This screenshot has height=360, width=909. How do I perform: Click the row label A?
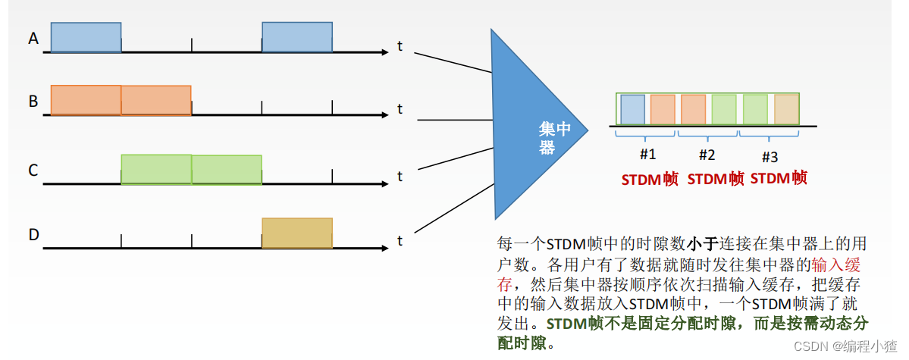click(x=33, y=38)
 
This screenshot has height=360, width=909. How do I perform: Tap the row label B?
click(x=33, y=101)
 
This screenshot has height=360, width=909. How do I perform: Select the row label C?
click(x=33, y=171)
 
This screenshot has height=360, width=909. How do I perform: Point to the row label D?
click(x=33, y=235)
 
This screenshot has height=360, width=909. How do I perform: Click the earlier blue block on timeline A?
click(x=86, y=38)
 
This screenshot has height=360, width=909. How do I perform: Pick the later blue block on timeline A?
click(x=296, y=38)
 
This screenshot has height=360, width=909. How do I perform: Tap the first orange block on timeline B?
click(x=86, y=100)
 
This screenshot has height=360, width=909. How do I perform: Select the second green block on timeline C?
click(x=227, y=170)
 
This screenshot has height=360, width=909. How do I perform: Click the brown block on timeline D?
click(x=296, y=233)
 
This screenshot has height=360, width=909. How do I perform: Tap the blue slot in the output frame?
click(x=632, y=109)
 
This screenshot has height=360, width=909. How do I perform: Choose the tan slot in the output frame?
click(x=786, y=109)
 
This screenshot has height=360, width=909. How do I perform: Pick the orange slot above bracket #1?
click(x=662, y=109)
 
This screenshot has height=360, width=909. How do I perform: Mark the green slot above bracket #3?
click(x=755, y=109)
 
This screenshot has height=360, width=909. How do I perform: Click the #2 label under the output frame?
click(x=707, y=155)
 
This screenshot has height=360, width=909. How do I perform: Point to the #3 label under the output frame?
click(x=769, y=157)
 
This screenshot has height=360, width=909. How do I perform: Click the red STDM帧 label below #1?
click(x=650, y=180)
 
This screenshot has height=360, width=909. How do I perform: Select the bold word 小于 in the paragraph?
click(x=699, y=244)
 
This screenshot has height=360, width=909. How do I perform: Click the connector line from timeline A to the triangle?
click(x=453, y=62)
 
